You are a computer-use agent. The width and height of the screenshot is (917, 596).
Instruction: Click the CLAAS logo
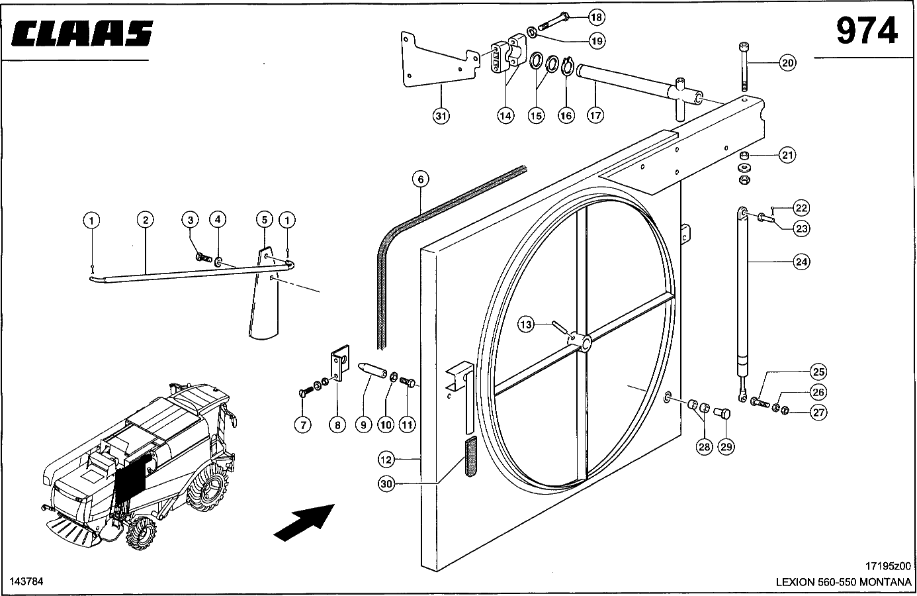click(x=82, y=33)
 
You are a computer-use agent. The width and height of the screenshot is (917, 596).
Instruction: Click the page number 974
click(x=867, y=31)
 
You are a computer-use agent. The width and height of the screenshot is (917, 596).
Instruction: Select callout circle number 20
click(x=787, y=63)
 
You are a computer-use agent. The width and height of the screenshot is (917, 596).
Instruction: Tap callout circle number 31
click(x=441, y=117)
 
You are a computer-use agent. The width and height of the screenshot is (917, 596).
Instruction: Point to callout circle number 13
click(x=525, y=325)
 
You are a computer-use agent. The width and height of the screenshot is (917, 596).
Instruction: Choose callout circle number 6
click(x=420, y=179)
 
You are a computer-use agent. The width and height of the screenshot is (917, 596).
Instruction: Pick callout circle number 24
click(x=801, y=262)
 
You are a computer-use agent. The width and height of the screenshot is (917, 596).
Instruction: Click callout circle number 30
click(x=386, y=484)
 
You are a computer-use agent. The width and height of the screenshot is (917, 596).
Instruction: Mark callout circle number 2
click(x=146, y=220)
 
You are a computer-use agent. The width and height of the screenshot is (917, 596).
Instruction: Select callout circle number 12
click(x=386, y=460)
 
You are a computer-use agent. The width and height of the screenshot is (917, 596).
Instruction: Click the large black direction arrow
click(x=304, y=522)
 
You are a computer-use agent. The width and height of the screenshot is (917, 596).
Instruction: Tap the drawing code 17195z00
click(x=887, y=566)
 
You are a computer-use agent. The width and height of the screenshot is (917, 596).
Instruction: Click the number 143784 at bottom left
click(x=26, y=581)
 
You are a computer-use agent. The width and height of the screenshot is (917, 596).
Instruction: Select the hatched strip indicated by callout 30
click(x=471, y=456)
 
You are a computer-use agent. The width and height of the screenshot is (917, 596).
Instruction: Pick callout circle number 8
click(x=337, y=424)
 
